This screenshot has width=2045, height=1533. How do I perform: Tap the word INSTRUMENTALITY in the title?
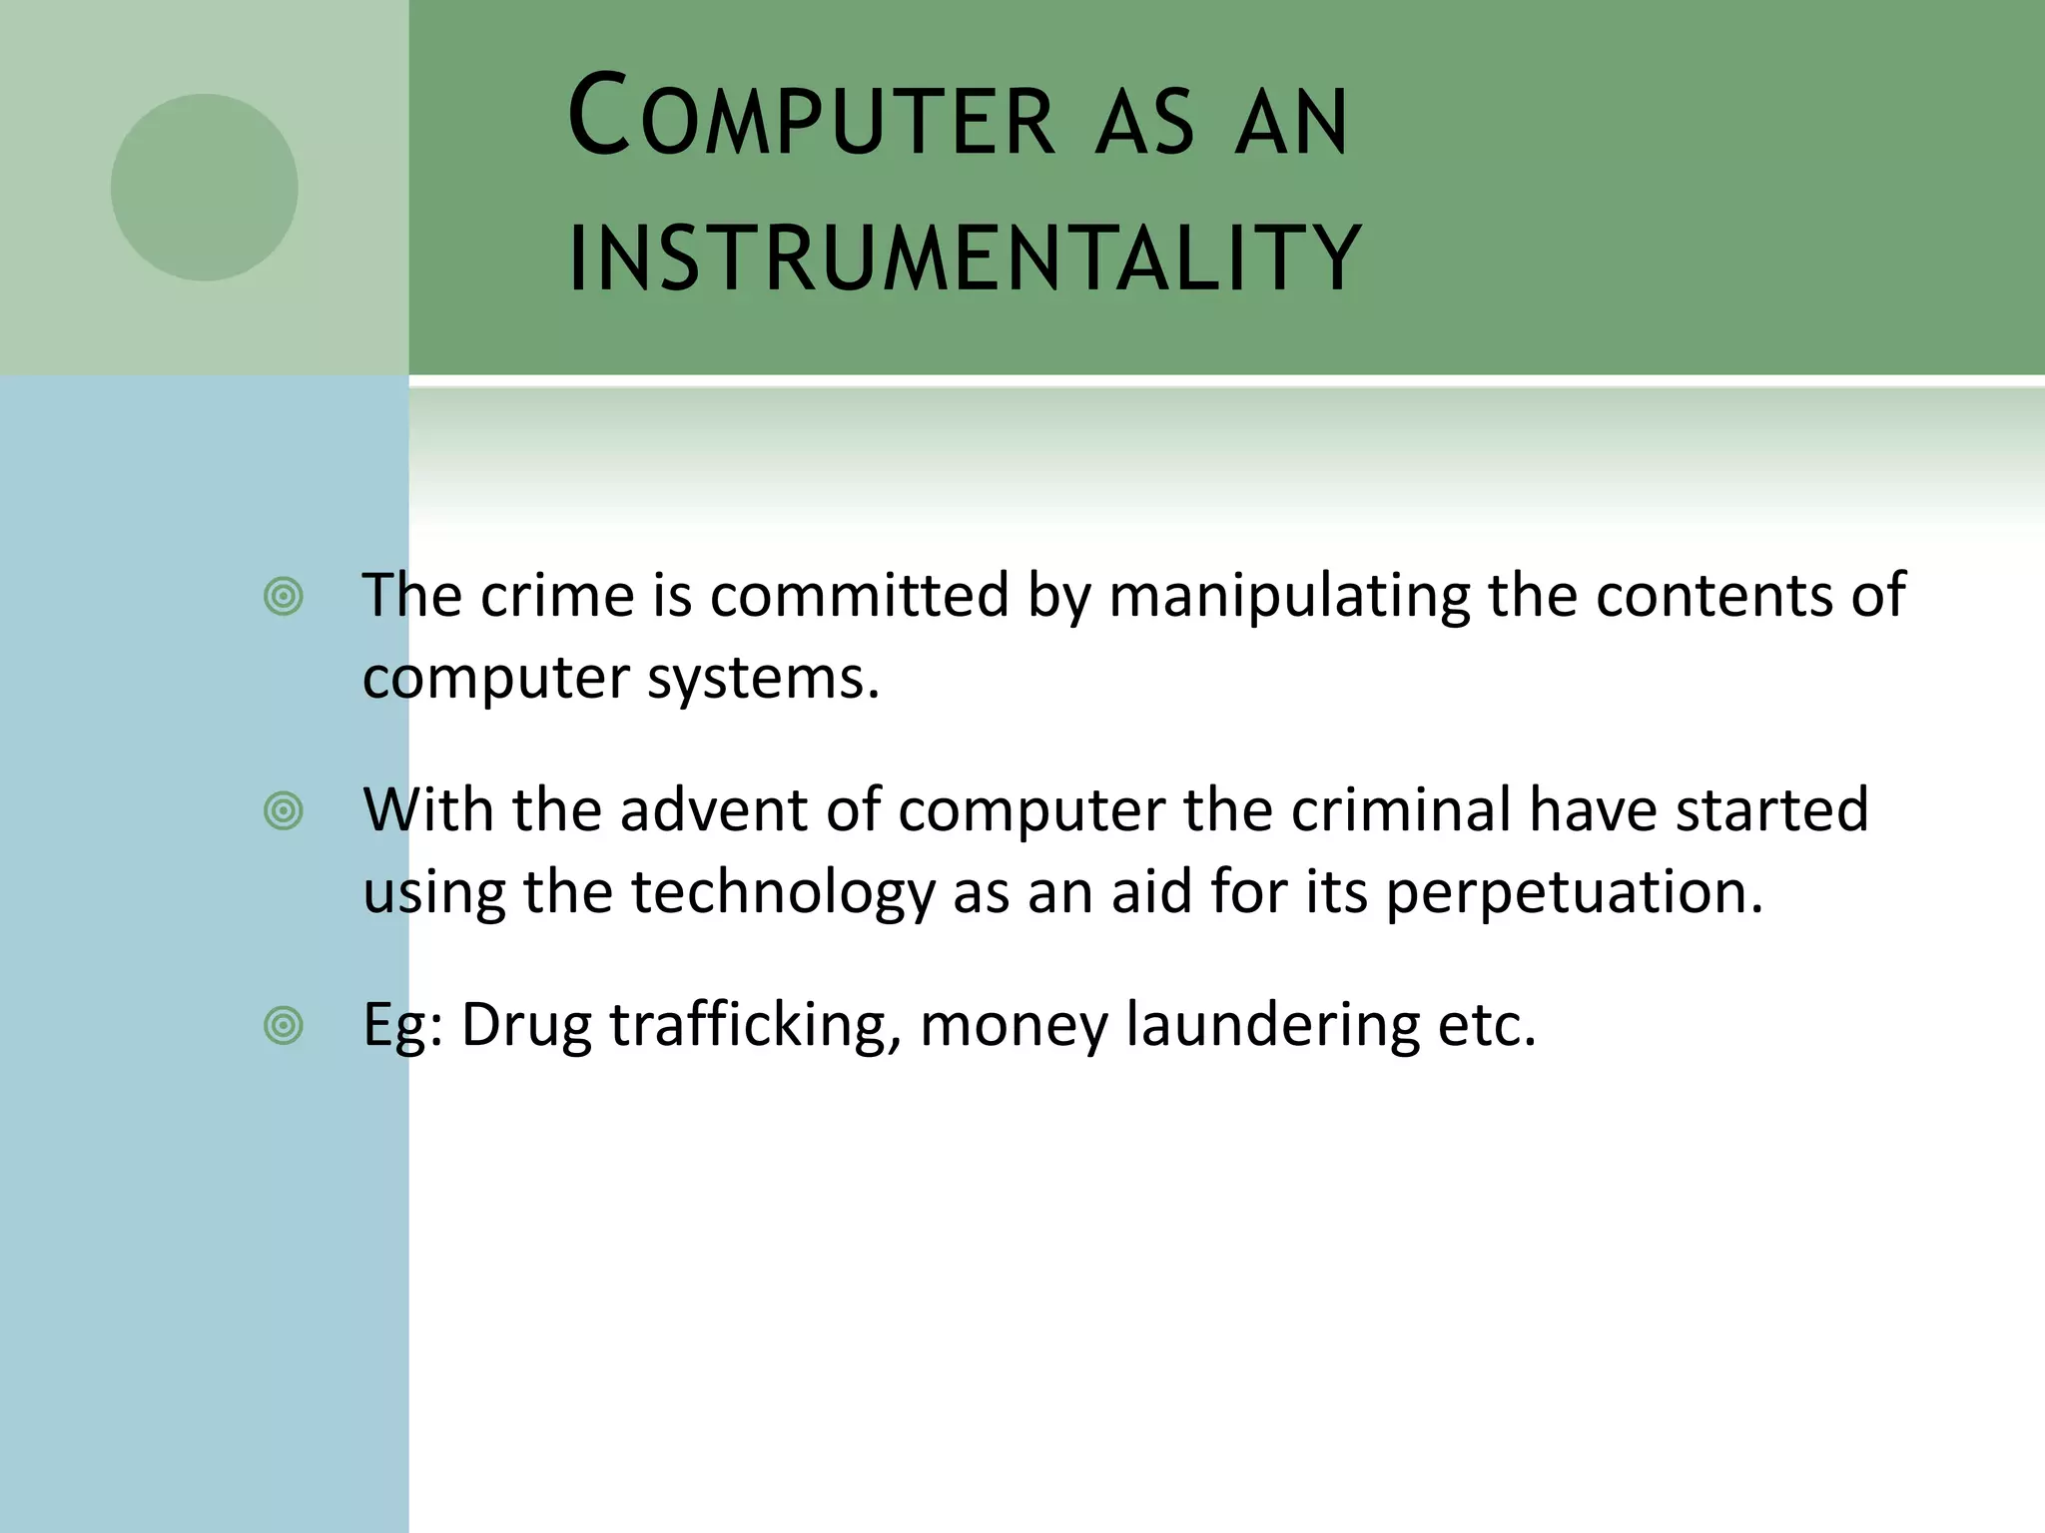tap(965, 257)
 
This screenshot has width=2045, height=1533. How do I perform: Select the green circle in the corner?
tap(204, 188)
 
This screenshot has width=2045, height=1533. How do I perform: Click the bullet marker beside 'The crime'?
tap(284, 597)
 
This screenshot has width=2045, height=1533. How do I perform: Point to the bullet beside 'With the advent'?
tap(284, 811)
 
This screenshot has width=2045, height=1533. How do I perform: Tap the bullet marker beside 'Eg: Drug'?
tap(284, 1026)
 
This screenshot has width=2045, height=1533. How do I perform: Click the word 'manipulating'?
tap(1289, 597)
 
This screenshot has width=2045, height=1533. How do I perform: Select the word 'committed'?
tap(860, 597)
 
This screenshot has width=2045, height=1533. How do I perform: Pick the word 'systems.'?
tap(764, 679)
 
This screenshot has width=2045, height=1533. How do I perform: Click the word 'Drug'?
tap(526, 1025)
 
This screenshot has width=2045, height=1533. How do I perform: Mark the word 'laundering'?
tap(1272, 1025)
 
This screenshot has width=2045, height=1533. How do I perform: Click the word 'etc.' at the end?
tap(1487, 1025)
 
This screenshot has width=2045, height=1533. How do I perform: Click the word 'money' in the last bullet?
tap(1014, 1027)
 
